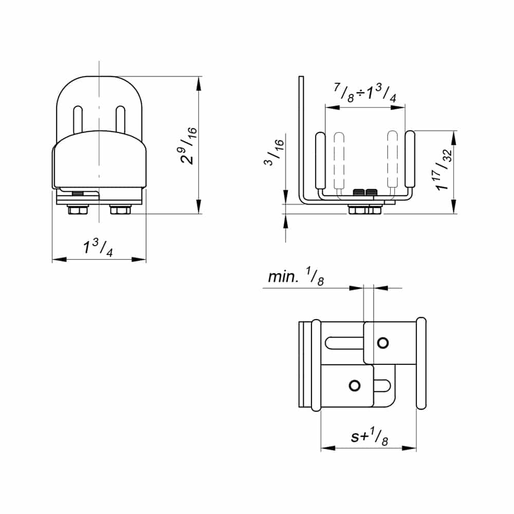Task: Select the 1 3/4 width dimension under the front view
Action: [98, 248]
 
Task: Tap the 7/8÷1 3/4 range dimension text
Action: [365, 94]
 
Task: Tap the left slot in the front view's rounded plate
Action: [78, 121]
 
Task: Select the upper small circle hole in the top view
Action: [382, 343]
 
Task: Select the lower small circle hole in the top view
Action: [354, 385]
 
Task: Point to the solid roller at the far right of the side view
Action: [410, 160]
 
